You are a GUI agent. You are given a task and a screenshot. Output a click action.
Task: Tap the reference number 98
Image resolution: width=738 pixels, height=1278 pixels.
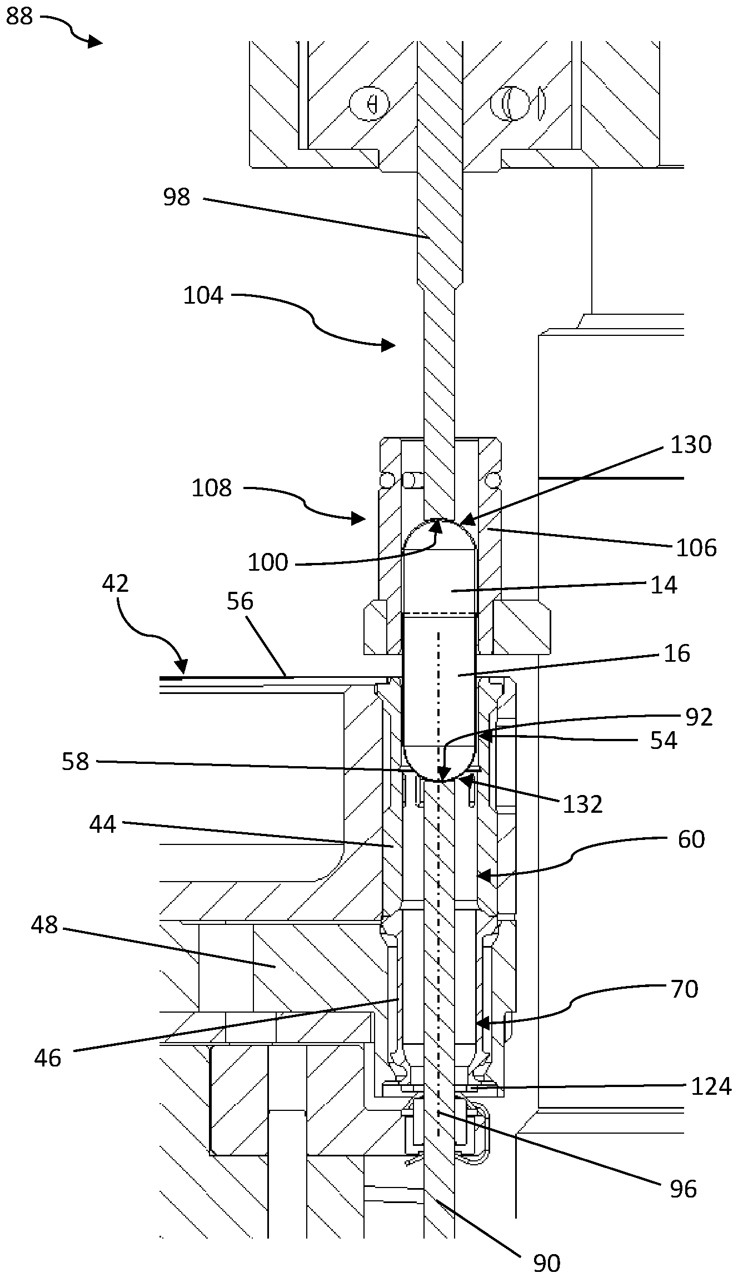[177, 198]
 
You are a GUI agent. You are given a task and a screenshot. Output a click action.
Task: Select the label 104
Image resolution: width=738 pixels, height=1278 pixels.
[203, 295]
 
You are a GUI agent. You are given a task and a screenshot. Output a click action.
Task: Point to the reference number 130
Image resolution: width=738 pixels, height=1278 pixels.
[691, 445]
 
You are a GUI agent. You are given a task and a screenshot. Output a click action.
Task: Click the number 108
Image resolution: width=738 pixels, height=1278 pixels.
[211, 488]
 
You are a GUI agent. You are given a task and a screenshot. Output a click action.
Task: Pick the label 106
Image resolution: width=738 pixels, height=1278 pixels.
[696, 548]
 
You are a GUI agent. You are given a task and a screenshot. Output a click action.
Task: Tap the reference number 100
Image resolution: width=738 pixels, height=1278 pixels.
[268, 563]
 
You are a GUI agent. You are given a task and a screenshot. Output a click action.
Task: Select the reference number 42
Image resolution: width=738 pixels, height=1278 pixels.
[116, 583]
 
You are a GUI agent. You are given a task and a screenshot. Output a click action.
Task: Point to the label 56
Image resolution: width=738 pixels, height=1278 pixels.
[240, 601]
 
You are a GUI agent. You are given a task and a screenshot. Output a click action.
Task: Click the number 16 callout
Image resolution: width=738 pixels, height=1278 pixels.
[677, 653]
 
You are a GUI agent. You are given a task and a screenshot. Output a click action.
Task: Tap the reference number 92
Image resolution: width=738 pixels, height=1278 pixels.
[699, 717]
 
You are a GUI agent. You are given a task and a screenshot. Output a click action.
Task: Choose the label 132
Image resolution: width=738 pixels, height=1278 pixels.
[582, 804]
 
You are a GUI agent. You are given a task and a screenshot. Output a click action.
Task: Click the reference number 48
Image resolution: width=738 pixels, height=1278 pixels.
[44, 925]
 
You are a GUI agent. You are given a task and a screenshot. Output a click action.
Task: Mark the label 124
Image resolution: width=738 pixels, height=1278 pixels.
[711, 1086]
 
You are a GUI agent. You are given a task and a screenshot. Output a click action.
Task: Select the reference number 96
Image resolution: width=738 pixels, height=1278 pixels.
[683, 1189]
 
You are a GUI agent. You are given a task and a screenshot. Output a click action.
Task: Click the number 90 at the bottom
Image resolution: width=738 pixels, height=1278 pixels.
[546, 1263]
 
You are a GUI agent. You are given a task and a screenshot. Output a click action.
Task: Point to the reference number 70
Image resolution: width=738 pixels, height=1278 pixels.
[684, 989]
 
